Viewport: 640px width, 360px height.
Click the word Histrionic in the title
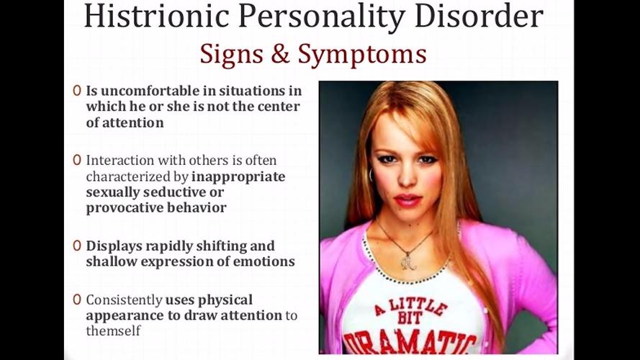coord(157,16)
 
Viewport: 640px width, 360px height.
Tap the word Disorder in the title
coord(477,16)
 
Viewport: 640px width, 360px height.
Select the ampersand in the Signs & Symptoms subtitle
coord(280,54)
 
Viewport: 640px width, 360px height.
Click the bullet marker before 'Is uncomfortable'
coord(77,91)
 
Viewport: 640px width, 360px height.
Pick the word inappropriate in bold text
coord(238,177)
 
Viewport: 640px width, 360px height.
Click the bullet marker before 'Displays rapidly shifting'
coord(77,246)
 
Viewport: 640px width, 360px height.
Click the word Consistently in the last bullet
coord(124,300)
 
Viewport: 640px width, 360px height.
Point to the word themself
coord(113,330)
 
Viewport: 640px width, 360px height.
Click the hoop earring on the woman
coord(371,175)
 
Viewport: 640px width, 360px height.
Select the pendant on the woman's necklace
coord(407,261)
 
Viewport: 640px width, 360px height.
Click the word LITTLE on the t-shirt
coord(416,307)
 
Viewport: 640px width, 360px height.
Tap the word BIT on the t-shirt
coord(409,318)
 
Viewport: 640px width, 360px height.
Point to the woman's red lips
coord(407,200)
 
